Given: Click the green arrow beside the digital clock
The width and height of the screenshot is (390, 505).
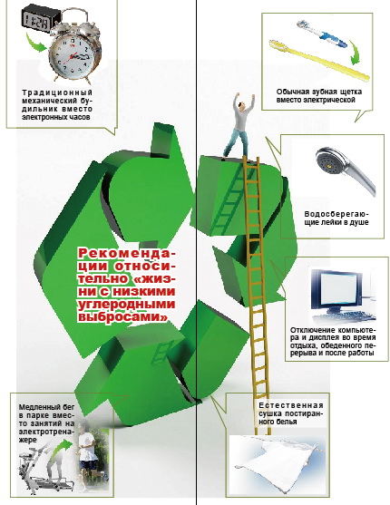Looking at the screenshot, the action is tap(35, 43).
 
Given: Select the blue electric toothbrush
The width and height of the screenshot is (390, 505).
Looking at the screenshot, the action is tap(321, 34).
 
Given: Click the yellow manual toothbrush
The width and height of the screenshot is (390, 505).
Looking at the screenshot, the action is tap(319, 61).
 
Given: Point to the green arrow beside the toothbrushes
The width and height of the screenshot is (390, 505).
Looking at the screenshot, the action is tap(356, 53).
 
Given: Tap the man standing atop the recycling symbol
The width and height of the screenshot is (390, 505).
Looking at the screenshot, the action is tap(240, 126).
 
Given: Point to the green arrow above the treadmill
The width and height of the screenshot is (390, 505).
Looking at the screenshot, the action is tap(62, 447).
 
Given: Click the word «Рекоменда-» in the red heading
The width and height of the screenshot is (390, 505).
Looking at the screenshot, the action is tap(127, 254).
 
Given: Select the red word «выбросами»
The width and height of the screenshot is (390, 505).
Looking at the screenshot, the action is tap(123, 316).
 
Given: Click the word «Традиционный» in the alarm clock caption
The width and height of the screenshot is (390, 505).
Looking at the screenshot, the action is tap(57, 92).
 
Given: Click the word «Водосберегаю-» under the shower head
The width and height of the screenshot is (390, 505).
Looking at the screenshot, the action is tap(336, 214).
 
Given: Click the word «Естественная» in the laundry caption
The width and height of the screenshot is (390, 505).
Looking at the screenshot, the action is tap(291, 405).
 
